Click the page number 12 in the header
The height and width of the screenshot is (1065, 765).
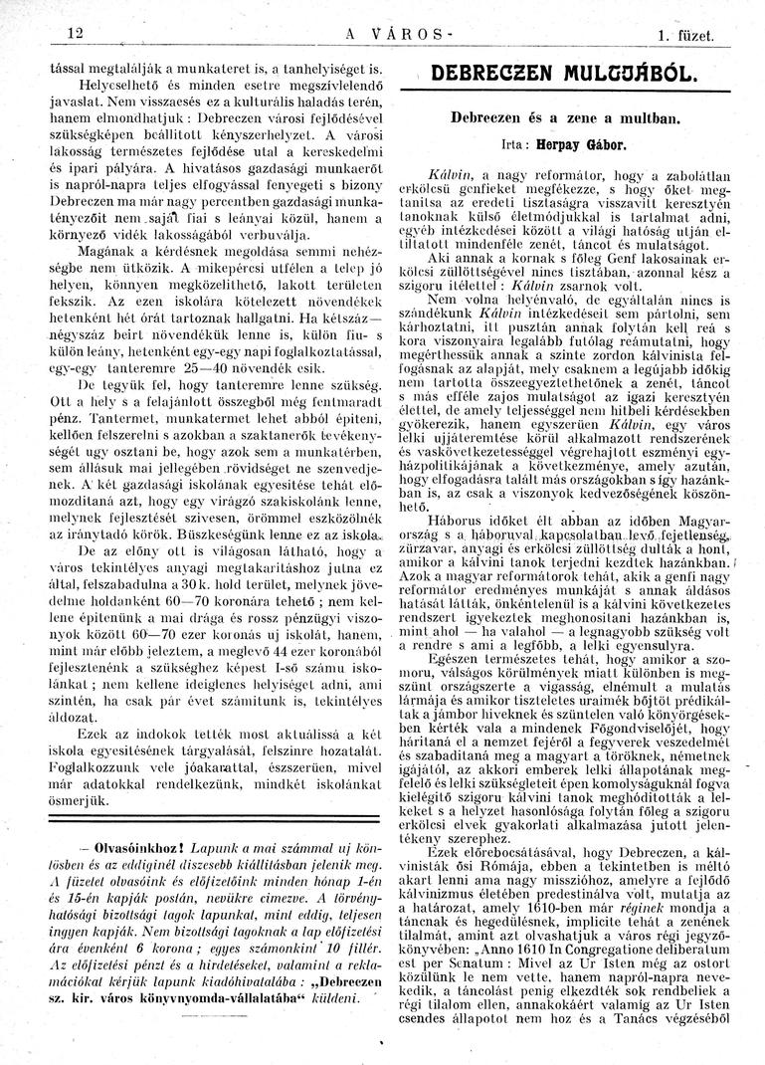coord(72,33)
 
